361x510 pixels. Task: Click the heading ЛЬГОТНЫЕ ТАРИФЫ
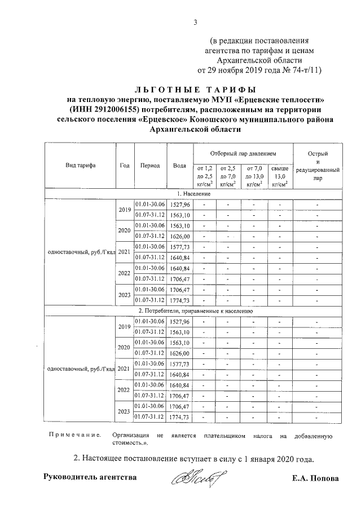tap(195, 90)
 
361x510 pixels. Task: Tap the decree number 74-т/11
tap(306, 70)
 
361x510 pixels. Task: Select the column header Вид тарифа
tap(80, 166)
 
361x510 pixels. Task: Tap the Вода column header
tap(180, 166)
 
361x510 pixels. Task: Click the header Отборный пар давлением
tap(243, 153)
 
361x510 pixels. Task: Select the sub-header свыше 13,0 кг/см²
tap(280, 176)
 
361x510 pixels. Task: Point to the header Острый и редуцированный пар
tap(319, 165)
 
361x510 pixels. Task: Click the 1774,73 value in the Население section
tap(180, 300)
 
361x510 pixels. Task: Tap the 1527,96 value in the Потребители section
tap(180, 321)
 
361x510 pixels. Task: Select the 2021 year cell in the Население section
tap(124, 252)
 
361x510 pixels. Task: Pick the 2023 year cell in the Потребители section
tap(124, 411)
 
